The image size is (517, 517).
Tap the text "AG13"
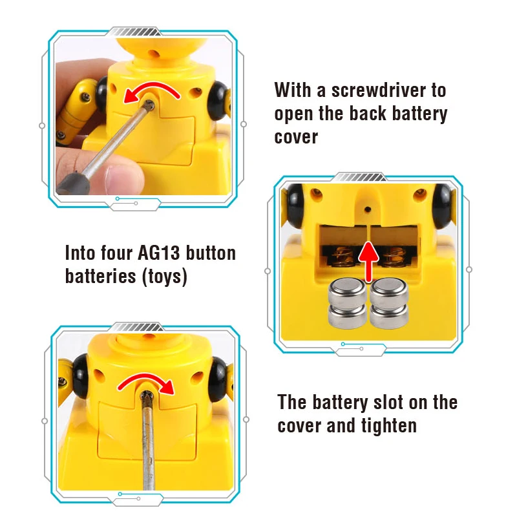coord(159,253)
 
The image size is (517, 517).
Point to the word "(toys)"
coord(165,277)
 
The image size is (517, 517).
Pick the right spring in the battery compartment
coord(394,257)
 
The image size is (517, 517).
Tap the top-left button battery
coord(348,290)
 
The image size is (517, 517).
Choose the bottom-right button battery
coord(390,316)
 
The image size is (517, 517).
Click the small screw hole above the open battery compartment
coord(368,209)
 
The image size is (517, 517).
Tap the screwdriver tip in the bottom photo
coord(147,396)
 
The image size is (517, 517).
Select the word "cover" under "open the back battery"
coord(296,138)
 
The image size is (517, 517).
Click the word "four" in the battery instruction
coord(117,253)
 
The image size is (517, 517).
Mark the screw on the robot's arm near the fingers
coord(85,96)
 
